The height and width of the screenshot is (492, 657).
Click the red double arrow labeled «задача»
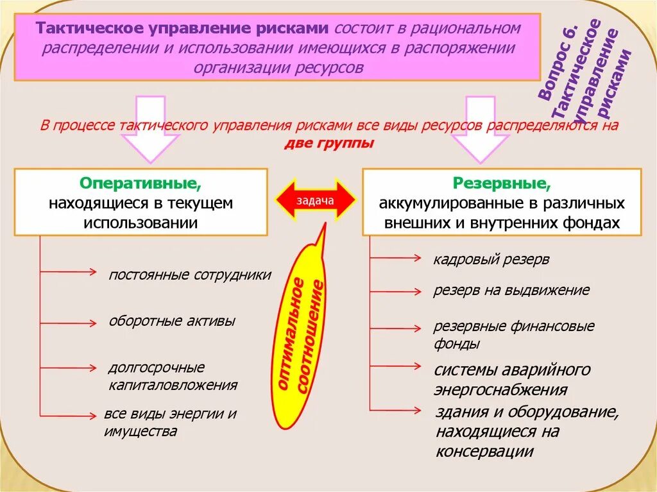[315, 201]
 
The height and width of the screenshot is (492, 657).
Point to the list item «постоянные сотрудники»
[190, 275]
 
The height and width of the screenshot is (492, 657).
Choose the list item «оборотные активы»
[172, 321]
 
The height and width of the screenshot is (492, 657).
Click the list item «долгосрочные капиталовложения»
[173, 377]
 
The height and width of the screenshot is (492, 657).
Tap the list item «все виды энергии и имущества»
[170, 423]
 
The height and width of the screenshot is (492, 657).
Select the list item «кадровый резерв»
[491, 259]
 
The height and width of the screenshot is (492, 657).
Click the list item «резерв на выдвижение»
[511, 290]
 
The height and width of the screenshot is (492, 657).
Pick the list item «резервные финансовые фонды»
[514, 335]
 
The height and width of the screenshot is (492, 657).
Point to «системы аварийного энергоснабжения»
[512, 380]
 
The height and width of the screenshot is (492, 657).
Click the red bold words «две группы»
[328, 143]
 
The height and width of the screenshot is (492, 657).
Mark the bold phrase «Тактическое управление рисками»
[183, 30]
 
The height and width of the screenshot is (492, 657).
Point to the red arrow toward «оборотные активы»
[68, 322]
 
